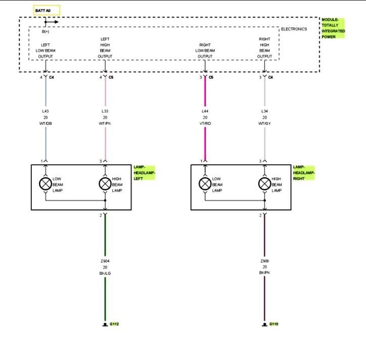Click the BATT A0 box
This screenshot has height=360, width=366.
point(47,10)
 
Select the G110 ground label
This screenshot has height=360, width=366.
point(273,324)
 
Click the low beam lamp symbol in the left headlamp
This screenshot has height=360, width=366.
point(45,184)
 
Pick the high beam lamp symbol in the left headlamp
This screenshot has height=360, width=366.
point(105,184)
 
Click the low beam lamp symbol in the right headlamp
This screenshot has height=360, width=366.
point(205,184)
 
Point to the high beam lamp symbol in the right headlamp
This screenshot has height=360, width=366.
point(264,184)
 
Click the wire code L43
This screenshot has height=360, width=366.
point(45,111)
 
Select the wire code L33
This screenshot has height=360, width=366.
point(105,111)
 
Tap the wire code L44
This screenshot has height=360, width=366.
point(205,111)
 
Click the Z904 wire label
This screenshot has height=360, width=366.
point(106,261)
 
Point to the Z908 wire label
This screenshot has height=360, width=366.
point(264,261)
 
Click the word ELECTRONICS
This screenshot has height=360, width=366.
point(294,29)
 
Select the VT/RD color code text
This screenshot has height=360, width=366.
point(205,124)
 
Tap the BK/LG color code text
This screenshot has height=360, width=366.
point(106,274)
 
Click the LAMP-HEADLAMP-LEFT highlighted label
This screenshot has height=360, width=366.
point(144,172)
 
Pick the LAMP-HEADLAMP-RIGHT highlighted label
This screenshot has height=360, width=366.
point(304,172)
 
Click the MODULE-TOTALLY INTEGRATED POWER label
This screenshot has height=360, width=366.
point(333,28)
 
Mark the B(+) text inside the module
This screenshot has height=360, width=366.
point(45,32)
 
